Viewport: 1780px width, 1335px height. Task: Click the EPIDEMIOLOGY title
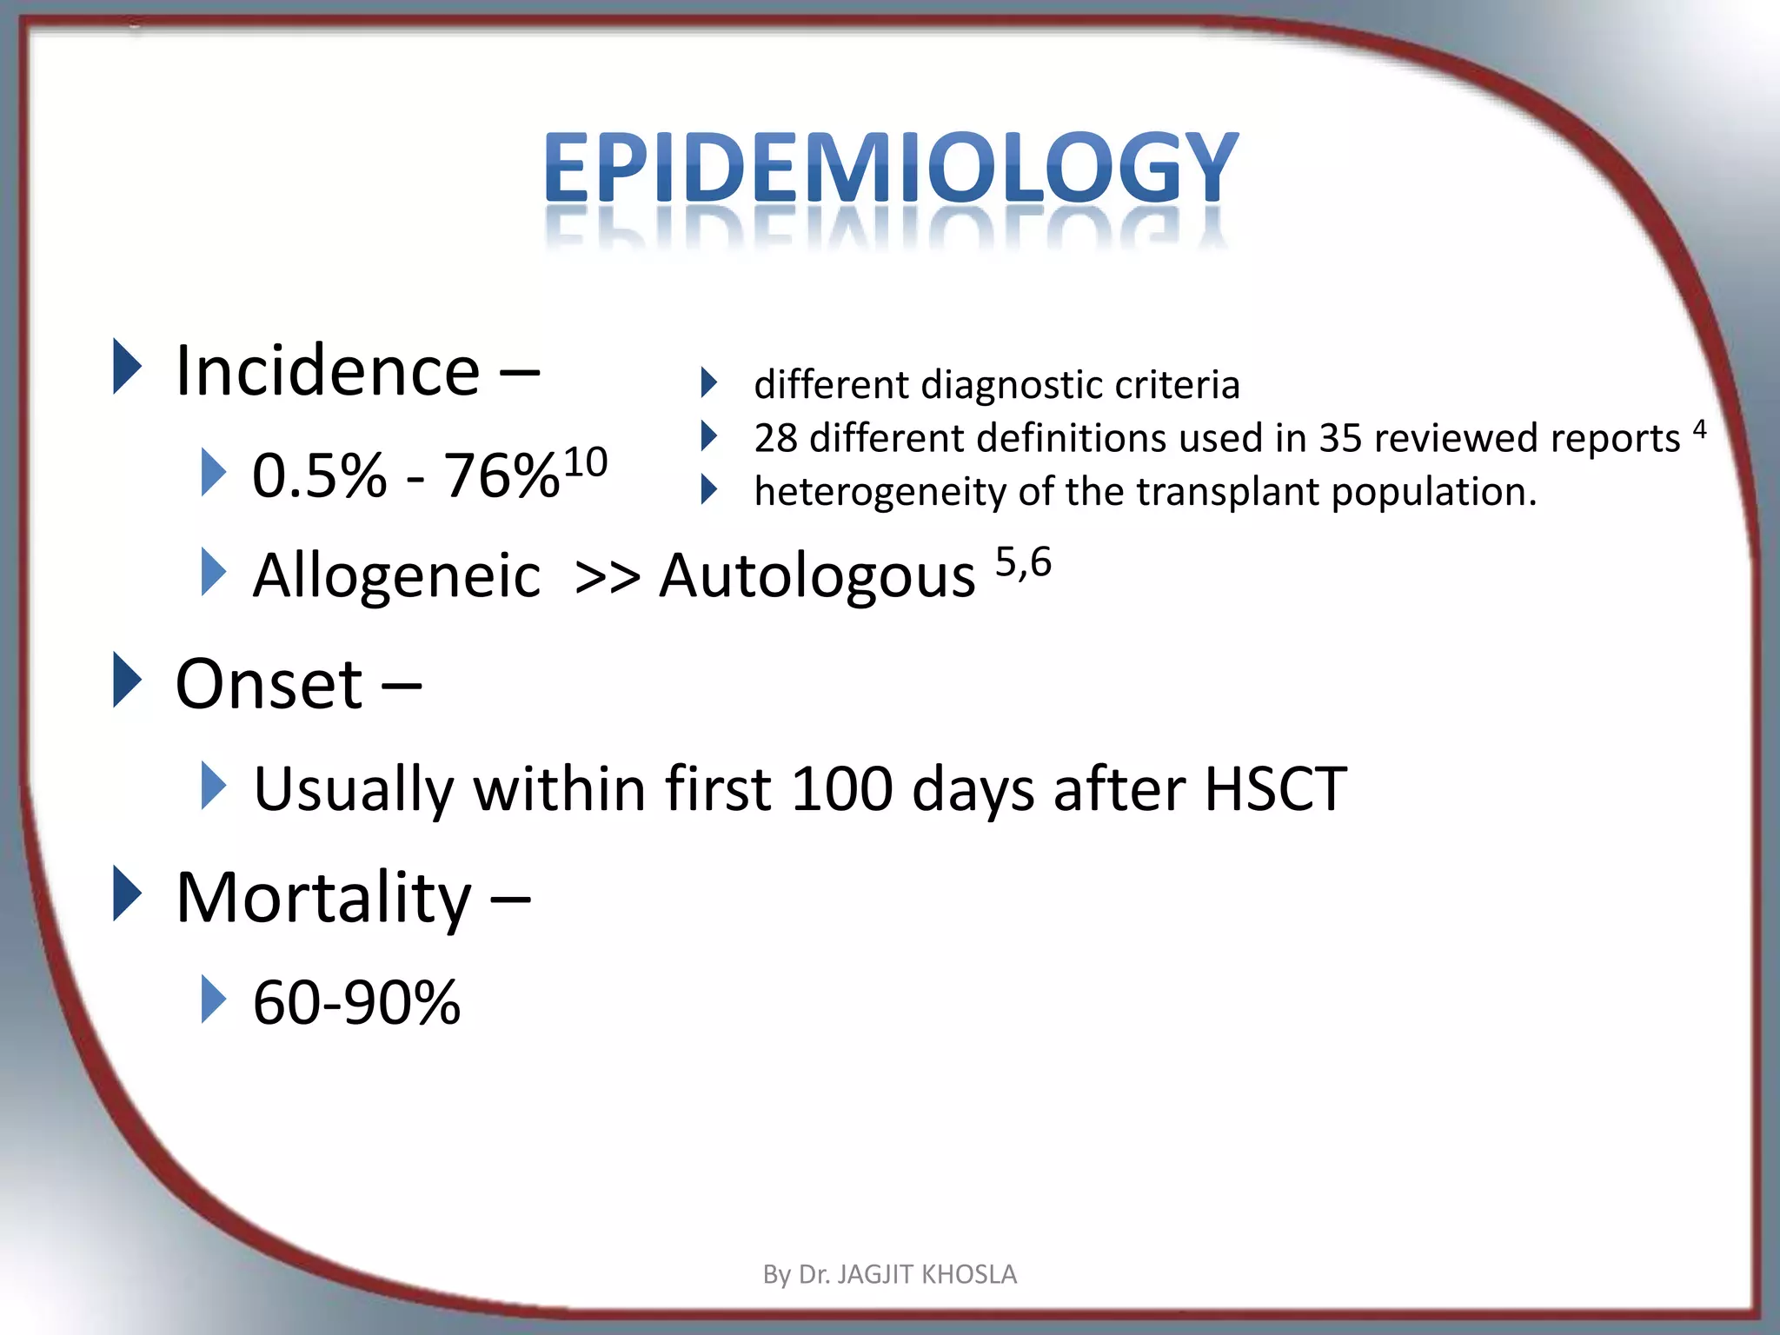(x=890, y=167)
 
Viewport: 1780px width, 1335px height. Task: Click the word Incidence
(x=328, y=371)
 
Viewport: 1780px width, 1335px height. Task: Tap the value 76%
(x=501, y=476)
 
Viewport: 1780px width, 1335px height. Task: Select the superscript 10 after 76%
(x=585, y=462)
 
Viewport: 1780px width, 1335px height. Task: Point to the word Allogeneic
(x=396, y=575)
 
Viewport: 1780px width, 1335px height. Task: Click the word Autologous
(x=817, y=575)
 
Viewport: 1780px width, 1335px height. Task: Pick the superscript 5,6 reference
(x=1023, y=562)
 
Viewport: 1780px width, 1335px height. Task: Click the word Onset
(x=269, y=684)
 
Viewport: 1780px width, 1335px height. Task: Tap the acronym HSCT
(x=1275, y=788)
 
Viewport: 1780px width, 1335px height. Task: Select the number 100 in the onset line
(x=841, y=788)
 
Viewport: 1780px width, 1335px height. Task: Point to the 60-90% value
(x=356, y=1002)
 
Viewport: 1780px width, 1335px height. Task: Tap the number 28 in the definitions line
(x=775, y=438)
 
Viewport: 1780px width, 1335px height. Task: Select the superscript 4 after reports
(x=1699, y=428)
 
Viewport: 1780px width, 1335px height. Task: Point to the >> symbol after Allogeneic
(x=608, y=577)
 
